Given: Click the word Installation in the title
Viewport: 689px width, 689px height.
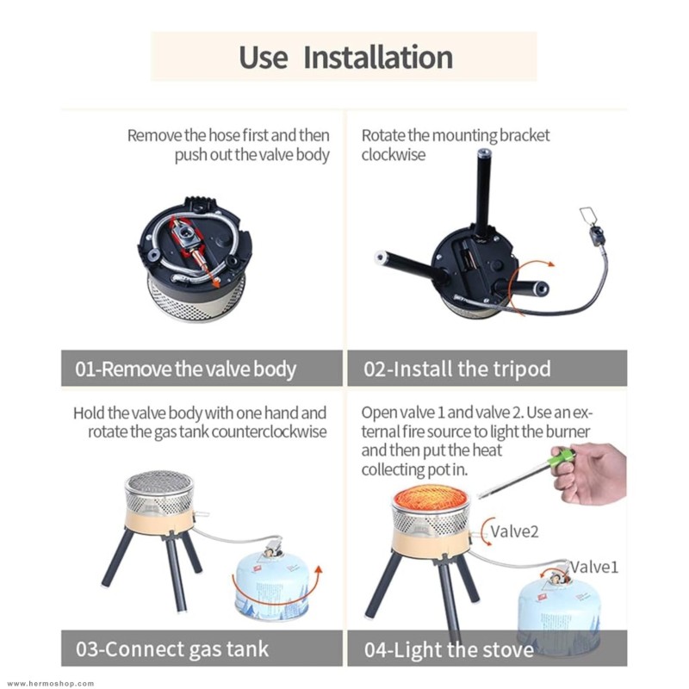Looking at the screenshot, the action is (x=378, y=57).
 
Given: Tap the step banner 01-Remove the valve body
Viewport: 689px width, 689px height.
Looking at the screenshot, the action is (x=202, y=369).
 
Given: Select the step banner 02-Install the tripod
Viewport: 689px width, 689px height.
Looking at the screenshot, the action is (x=487, y=369).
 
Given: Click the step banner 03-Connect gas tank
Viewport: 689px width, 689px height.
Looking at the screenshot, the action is (x=202, y=649).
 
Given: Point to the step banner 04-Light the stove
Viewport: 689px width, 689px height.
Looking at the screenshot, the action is (x=487, y=649).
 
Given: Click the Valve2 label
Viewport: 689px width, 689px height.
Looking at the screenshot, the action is (x=514, y=531).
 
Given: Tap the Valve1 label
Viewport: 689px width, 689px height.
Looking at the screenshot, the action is (x=594, y=567).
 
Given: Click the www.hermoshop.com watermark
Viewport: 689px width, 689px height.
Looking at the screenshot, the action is (x=51, y=683).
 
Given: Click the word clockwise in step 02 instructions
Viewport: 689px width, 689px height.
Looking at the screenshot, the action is (x=394, y=155).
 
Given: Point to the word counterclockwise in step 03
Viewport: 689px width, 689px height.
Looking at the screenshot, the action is (x=269, y=432).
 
